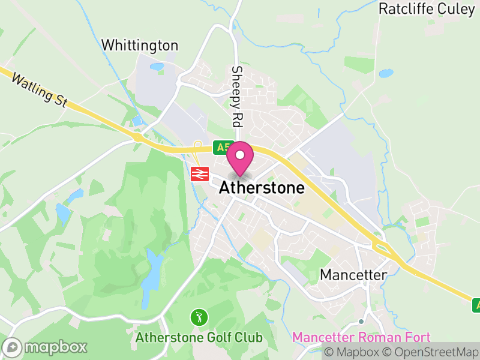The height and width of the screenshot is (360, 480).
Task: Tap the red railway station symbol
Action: pos(199,174)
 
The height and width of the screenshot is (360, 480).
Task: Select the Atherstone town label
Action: pos(262,188)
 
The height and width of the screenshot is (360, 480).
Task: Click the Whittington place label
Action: pos(140,46)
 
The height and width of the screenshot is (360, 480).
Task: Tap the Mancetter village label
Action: pos(353,275)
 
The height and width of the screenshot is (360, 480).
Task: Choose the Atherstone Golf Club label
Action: pos(199,337)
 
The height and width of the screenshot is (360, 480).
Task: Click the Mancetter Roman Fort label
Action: pos(361,337)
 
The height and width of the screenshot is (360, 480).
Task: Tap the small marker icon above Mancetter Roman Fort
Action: pos(361,322)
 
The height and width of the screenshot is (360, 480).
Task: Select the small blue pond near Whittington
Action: pos(157,67)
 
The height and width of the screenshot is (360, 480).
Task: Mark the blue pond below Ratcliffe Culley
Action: pos(386,74)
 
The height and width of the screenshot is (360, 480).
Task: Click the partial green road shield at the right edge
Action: pos(476,305)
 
